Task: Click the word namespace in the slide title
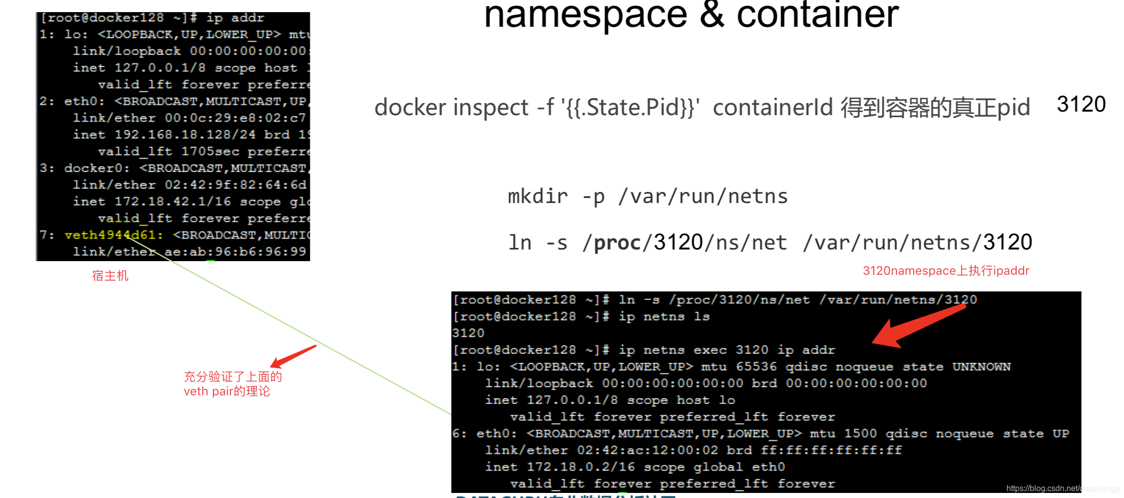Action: [x=585, y=15]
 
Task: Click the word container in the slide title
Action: [x=817, y=15]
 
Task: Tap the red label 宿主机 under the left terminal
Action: [x=110, y=276]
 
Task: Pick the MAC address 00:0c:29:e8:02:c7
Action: [x=235, y=118]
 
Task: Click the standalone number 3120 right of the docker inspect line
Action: [x=1081, y=105]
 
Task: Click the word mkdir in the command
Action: [x=537, y=196]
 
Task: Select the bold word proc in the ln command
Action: [x=616, y=243]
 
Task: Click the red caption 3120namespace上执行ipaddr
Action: [x=946, y=271]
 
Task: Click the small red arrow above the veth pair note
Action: [x=293, y=357]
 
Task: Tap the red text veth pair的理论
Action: [x=227, y=391]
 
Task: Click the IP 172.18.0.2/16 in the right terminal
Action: [x=580, y=467]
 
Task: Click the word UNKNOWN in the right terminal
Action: [x=981, y=367]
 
